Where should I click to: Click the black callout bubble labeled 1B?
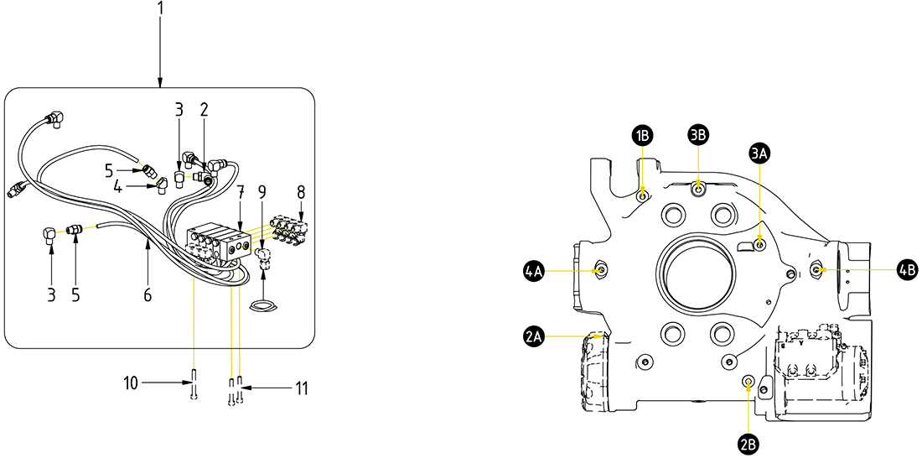tap(643, 135)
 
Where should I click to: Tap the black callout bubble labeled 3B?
tap(699, 135)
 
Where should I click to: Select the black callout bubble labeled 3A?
tap(760, 152)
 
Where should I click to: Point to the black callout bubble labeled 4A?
tap(534, 270)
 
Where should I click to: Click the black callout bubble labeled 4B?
tap(907, 269)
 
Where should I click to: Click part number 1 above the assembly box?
tap(160, 9)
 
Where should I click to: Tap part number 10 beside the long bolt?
tap(131, 383)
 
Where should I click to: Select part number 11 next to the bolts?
tap(301, 388)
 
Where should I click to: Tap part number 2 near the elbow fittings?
tap(203, 109)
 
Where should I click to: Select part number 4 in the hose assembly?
tap(118, 189)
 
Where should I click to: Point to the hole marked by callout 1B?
tap(642, 196)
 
